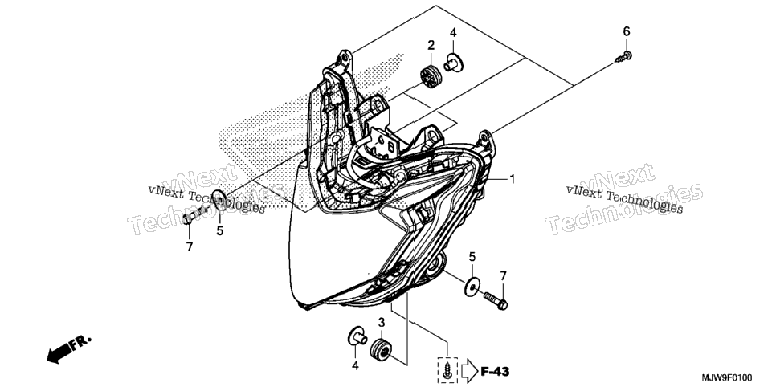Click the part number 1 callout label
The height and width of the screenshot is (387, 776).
[513, 179]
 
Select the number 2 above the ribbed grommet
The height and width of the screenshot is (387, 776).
[431, 46]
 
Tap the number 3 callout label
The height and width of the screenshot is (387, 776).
[381, 323]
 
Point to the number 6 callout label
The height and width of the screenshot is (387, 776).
[627, 31]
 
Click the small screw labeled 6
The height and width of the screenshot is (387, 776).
[623, 56]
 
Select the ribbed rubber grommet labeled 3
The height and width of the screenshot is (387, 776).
[382, 349]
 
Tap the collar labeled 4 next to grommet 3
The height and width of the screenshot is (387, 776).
[357, 336]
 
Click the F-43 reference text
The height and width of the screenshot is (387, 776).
[495, 371]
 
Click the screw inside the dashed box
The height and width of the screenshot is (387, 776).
[447, 369]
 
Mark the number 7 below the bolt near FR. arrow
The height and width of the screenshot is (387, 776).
[190, 246]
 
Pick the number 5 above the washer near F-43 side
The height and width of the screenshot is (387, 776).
[472, 257]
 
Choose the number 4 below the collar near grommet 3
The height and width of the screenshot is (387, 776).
[355, 365]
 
